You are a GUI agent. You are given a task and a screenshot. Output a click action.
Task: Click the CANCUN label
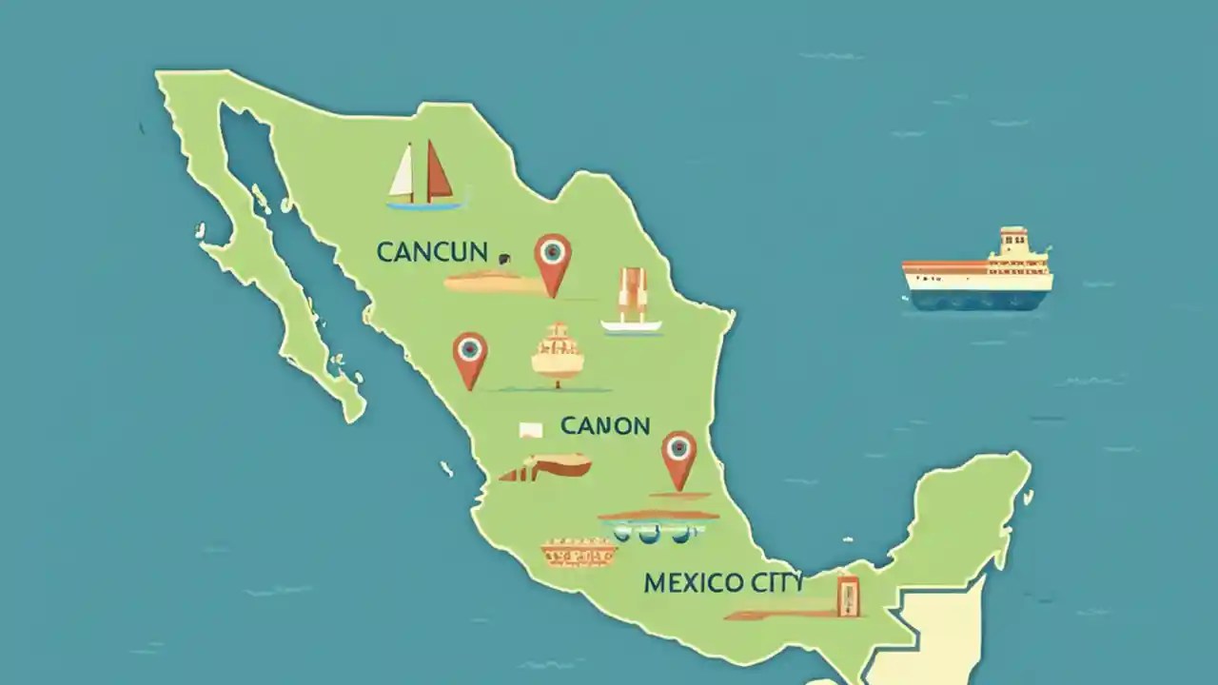pos(432,252)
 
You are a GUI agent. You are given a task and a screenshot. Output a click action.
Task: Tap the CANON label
pos(605,425)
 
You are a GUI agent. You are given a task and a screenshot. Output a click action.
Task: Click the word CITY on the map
pos(772,581)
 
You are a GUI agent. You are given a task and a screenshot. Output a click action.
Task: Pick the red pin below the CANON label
pos(678,458)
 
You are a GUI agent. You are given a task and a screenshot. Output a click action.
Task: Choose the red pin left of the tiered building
pos(469,358)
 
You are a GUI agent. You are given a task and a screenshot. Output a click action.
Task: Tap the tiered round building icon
pos(558,354)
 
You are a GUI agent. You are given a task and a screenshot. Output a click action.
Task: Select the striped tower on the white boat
pos(632,295)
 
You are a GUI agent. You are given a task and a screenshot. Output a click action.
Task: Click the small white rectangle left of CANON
pos(530,430)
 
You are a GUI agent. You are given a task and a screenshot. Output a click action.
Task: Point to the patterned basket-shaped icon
pos(579,552)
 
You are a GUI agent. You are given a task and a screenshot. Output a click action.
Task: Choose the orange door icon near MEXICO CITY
pos(846,595)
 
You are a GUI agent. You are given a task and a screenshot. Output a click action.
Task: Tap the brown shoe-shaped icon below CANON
pos(546,466)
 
